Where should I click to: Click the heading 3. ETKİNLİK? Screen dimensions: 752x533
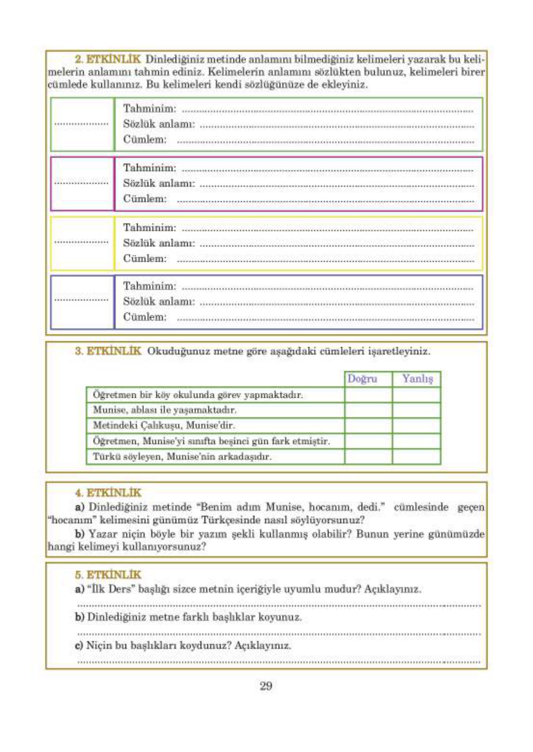[x=108, y=351]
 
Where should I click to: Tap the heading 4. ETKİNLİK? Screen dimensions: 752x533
[x=108, y=493]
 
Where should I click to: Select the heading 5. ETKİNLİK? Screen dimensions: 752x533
[x=108, y=575]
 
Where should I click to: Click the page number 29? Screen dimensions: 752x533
[x=266, y=686]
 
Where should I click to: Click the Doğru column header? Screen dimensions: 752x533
[x=362, y=379]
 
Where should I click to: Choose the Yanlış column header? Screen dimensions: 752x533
[x=417, y=379]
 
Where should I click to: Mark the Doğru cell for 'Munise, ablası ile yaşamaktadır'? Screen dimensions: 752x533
[x=368, y=410]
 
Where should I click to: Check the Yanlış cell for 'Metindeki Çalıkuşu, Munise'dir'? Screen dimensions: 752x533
[x=416, y=426]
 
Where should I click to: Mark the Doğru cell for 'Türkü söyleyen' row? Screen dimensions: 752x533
[x=368, y=457]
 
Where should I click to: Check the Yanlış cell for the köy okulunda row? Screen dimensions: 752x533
[x=416, y=395]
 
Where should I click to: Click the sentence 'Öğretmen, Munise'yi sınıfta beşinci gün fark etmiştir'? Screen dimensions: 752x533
[x=211, y=441]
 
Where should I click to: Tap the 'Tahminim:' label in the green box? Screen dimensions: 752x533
[x=149, y=108]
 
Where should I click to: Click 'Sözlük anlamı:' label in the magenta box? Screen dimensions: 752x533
[x=159, y=183]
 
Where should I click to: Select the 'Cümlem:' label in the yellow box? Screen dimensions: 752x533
[x=145, y=258]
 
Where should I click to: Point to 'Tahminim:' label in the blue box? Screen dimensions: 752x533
[x=149, y=286]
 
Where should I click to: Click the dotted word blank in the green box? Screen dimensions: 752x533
[x=81, y=124]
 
